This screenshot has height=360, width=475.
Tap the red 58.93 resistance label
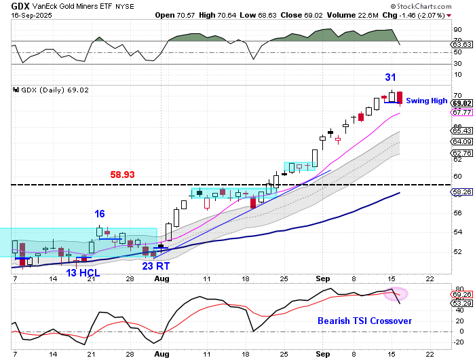tap(122, 175)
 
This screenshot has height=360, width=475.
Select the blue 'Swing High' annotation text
tap(426, 101)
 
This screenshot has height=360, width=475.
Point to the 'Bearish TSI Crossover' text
tap(364, 320)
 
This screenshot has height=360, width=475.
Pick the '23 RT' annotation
tap(155, 266)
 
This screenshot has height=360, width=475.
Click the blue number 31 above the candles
tap(391, 77)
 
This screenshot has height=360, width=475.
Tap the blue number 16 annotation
tap(99, 214)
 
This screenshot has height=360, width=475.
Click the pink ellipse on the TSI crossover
tap(396, 294)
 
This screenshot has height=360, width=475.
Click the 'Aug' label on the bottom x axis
tap(161, 354)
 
